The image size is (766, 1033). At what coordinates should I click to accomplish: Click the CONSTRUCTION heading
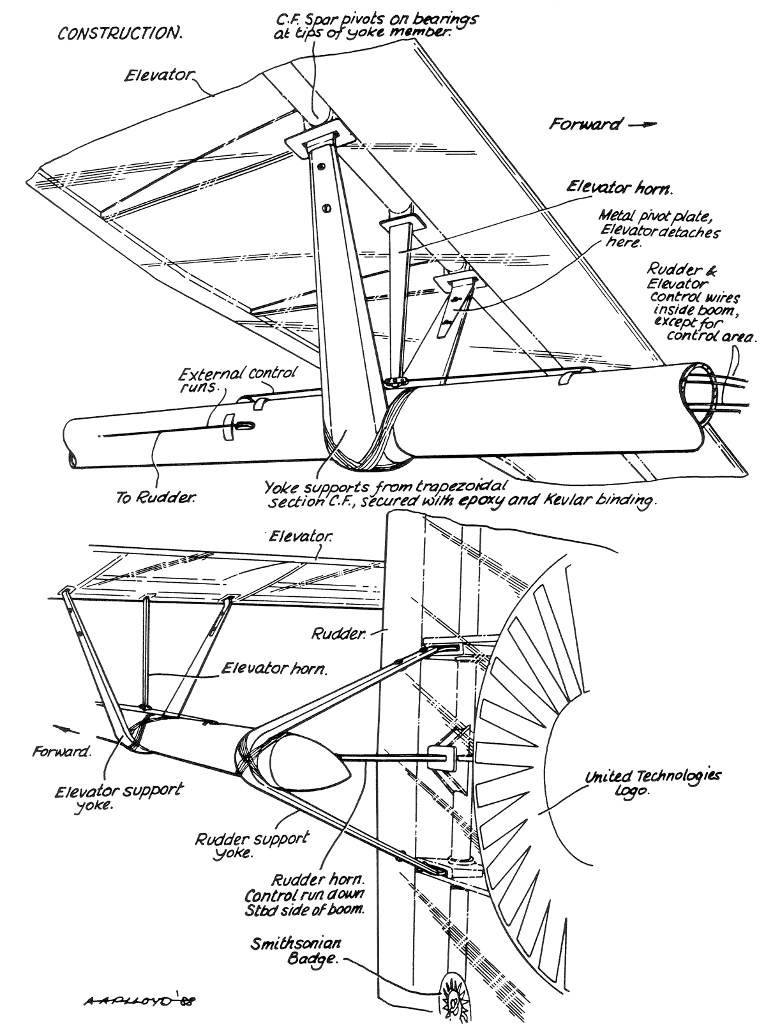[120, 33]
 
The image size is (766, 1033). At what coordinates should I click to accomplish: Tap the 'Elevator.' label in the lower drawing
[300, 537]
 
